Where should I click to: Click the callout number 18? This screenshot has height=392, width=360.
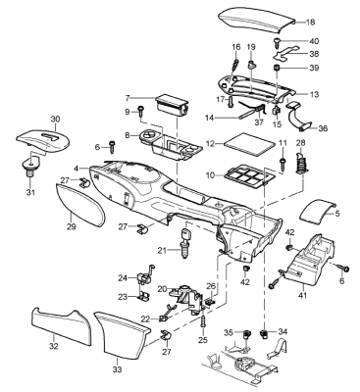tap(310, 22)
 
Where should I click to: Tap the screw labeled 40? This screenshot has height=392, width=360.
tap(278, 42)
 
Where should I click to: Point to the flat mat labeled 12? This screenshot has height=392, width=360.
tap(247, 143)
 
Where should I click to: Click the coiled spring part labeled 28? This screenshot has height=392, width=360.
tap(300, 161)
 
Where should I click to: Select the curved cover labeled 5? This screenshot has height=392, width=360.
tap(318, 211)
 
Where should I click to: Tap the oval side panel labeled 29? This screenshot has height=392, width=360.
tap(79, 205)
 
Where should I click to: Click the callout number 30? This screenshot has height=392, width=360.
tap(56, 120)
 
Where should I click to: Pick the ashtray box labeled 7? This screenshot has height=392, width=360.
tap(172, 105)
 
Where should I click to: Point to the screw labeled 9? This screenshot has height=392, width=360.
tap(141, 111)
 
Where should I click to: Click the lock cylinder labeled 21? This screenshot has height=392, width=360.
tap(184, 243)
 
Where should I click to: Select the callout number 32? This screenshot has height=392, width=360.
tap(53, 346)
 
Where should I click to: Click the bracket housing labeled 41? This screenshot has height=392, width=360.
tap(310, 260)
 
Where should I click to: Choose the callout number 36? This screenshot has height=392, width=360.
tap(323, 128)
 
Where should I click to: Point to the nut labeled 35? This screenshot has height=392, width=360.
tap(246, 334)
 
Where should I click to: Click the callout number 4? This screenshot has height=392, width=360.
tap(77, 169)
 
